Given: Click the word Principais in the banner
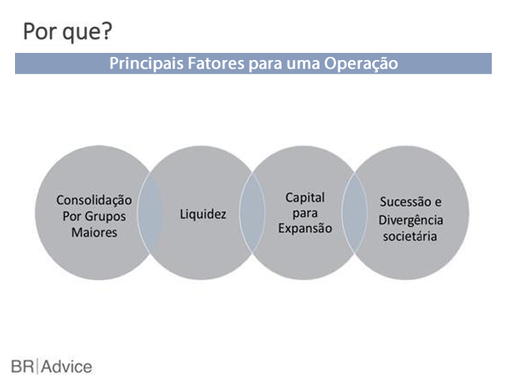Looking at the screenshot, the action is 147,63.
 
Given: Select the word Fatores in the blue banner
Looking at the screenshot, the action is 216,63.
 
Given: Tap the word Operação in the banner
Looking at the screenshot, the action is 361,64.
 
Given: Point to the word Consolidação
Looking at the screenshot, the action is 94,201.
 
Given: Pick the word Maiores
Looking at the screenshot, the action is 94,232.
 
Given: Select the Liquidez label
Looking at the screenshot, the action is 203,214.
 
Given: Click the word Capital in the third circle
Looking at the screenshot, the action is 305,197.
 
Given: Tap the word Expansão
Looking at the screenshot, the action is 305,228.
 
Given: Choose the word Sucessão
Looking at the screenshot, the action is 406,202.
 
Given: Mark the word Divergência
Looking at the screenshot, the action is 411,220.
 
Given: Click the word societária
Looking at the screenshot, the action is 410,237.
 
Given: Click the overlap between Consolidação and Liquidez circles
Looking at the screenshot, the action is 150,212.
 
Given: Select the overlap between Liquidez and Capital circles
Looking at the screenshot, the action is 252,212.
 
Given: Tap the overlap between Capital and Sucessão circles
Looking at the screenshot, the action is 354,212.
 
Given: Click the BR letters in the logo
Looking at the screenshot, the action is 22,366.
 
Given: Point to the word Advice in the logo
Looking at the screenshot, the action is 66,366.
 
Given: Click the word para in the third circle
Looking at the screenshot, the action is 305,214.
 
